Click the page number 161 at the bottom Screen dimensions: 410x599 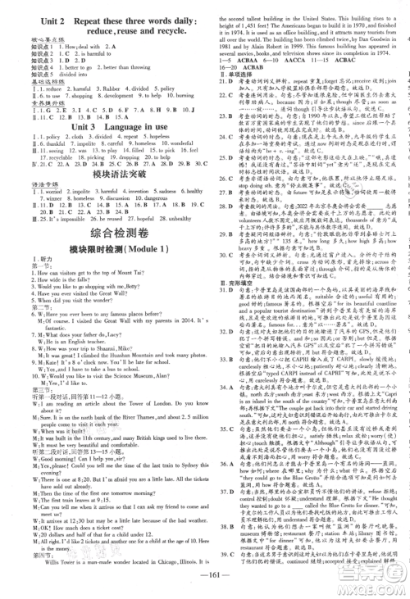[205, 585]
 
